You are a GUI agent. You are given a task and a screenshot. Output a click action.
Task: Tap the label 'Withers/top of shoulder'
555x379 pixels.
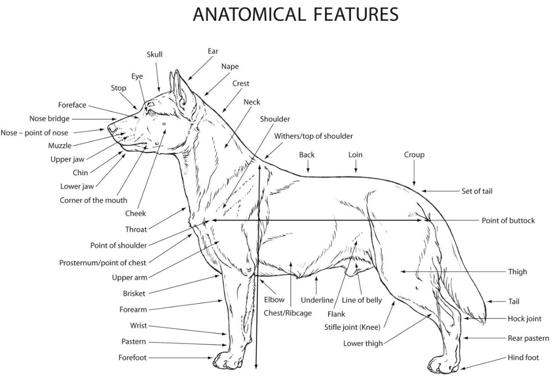(x=313, y=136)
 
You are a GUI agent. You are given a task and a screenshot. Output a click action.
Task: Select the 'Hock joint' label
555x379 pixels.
(x=524, y=319)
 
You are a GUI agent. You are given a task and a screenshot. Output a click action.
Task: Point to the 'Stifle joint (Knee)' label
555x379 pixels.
(x=353, y=328)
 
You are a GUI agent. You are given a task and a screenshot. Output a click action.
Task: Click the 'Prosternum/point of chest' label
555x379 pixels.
(x=103, y=263)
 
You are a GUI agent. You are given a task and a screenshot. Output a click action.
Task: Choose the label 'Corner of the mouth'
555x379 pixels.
(x=94, y=200)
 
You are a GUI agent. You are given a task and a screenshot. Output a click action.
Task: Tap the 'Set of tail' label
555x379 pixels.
(x=477, y=192)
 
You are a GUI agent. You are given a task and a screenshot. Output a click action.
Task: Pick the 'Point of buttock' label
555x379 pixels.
(x=508, y=220)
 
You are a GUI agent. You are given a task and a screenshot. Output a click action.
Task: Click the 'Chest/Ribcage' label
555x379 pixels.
(x=287, y=313)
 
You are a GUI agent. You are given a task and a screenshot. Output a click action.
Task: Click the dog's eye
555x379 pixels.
(x=151, y=110)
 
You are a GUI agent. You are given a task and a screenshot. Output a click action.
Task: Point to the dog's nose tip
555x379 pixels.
(x=110, y=129)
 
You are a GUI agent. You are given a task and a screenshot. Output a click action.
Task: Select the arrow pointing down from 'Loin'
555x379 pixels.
(x=356, y=166)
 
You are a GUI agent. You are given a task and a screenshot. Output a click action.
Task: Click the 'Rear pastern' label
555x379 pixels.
(x=528, y=338)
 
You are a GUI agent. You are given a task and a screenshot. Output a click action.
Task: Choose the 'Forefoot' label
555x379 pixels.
(x=132, y=358)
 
